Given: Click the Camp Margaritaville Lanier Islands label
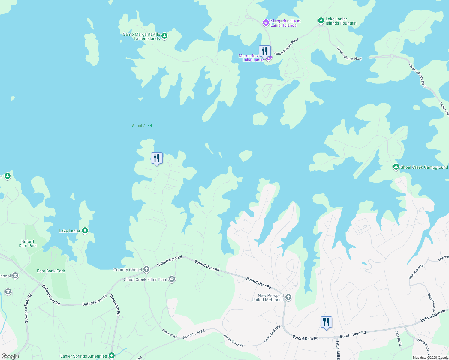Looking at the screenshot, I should tap(141, 36).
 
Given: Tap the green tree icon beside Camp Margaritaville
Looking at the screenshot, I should tap(164, 36).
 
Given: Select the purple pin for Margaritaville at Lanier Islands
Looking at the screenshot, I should tap(266, 22).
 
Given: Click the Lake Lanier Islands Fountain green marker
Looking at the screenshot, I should tap(321, 21).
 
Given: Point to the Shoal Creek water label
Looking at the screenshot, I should tap(142, 126).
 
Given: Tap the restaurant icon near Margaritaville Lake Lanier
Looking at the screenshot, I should tap(264, 51).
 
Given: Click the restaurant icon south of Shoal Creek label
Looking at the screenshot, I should tap(157, 158).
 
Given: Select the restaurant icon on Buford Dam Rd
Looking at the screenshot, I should tap(326, 322).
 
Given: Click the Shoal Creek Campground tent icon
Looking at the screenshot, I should tap(396, 167).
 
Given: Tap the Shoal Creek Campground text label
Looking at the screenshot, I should tap(424, 167).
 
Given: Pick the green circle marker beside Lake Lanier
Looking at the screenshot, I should tap(85, 231).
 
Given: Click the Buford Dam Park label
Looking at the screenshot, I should tap(28, 244).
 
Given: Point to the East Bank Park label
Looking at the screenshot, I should tap(51, 271).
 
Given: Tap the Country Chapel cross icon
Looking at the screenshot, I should tap(146, 269).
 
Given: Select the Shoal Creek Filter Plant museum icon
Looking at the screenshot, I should tap(172, 280).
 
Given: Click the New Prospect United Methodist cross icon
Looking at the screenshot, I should tap(288, 297).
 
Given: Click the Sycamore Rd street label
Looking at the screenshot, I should tap(115, 304).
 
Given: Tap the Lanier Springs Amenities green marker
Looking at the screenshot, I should tap(112, 356).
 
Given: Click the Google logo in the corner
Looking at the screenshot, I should tap(10, 356).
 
